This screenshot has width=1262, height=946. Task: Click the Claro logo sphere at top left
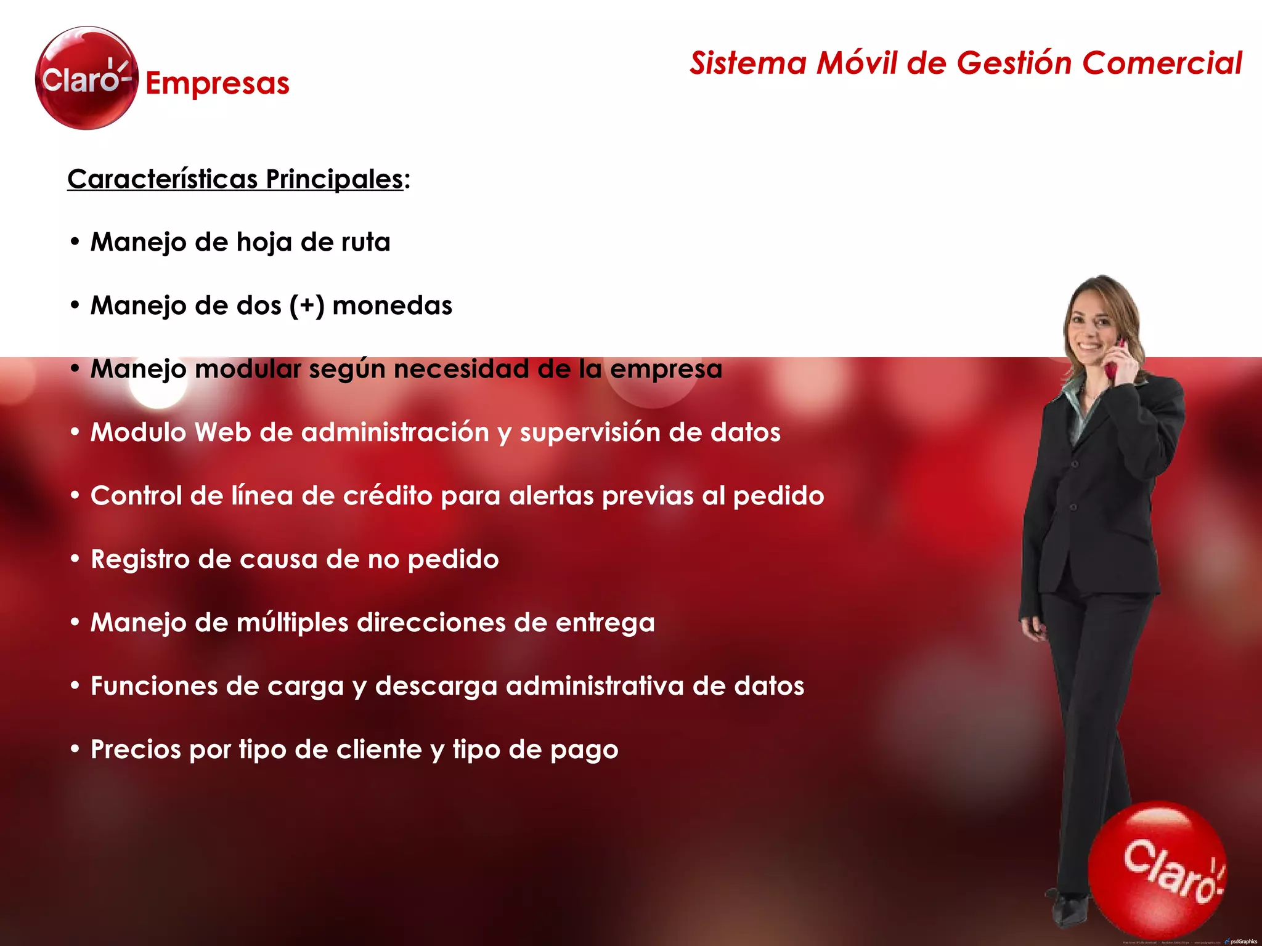tap(86, 78)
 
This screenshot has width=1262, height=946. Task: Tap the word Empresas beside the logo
tap(218, 84)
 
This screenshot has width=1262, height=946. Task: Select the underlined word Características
tap(163, 179)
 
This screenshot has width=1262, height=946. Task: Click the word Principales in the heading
tap(335, 179)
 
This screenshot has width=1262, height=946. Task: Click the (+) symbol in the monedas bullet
tap(307, 305)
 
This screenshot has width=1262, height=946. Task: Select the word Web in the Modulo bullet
tap(222, 432)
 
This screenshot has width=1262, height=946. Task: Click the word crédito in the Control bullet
tap(388, 496)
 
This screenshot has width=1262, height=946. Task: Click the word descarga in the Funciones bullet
tap(436, 686)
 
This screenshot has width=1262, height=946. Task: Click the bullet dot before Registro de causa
tap(75, 559)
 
